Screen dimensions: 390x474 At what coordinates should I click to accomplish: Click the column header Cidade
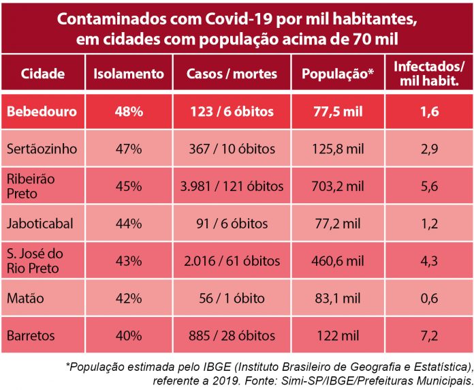[x=42, y=74]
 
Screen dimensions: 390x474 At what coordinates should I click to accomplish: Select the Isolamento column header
[x=128, y=74]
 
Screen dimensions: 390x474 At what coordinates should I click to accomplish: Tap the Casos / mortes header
[x=232, y=74]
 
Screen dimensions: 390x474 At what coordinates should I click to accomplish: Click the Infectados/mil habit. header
[x=429, y=74]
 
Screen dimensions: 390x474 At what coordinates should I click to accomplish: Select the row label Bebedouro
[x=42, y=111]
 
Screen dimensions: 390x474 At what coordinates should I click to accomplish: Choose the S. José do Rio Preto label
[x=37, y=261]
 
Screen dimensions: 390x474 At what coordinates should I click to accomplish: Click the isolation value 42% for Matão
[x=128, y=299]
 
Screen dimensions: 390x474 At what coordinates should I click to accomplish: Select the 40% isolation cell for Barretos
[x=128, y=336]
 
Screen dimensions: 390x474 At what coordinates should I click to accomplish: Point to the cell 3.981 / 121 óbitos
[x=232, y=186]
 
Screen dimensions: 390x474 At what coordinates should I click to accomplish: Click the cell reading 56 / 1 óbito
[x=232, y=299]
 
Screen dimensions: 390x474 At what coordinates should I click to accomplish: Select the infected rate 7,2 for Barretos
[x=429, y=336]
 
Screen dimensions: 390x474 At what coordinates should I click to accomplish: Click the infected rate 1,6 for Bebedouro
[x=429, y=111]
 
